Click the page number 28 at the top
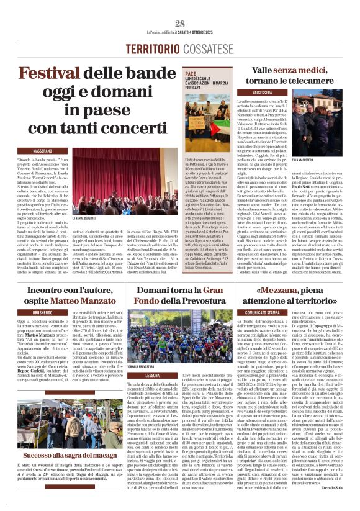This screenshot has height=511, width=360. pyautogui.click(x=180, y=23)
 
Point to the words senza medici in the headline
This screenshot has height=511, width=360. pyautogui.click(x=282, y=70)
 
